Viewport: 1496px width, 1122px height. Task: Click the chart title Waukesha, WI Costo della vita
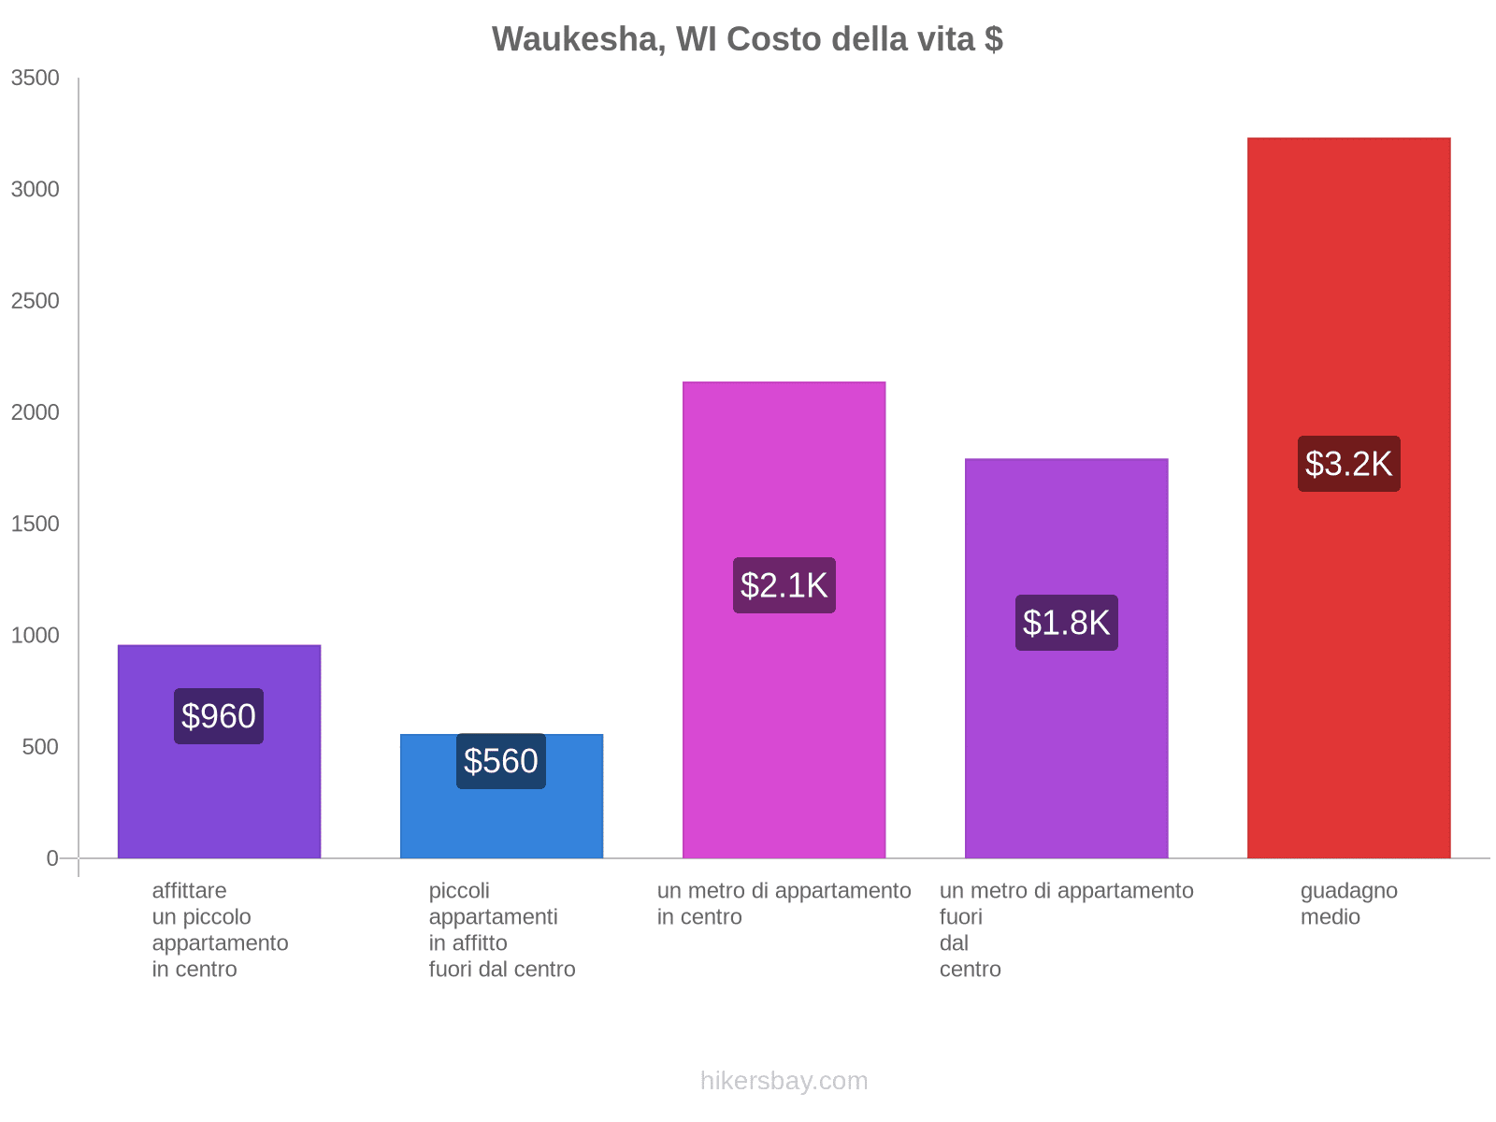pyautogui.click(x=747, y=39)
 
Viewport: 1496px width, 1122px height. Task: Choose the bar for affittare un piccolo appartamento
pyautogui.click(x=219, y=795)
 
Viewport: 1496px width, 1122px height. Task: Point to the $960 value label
pyautogui.click(x=219, y=716)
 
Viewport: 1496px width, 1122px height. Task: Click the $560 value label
pyautogui.click(x=501, y=761)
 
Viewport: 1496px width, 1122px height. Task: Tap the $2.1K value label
pyautogui.click(x=784, y=585)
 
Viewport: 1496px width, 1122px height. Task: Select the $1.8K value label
pyautogui.click(x=1066, y=623)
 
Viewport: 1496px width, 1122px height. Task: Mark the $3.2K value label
pyautogui.click(x=1348, y=464)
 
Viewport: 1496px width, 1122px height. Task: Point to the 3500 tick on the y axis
pyautogui.click(x=36, y=79)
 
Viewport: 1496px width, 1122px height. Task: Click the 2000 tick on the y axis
pyautogui.click(x=36, y=412)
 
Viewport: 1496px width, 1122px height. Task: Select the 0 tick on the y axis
pyautogui.click(x=52, y=858)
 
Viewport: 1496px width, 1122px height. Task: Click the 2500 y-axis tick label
pyautogui.click(x=36, y=301)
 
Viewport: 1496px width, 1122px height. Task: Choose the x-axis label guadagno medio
pyautogui.click(x=1348, y=904)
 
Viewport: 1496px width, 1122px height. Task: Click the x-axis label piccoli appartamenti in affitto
pyautogui.click(x=501, y=930)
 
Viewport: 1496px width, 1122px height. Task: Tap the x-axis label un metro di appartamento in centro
pyautogui.click(x=784, y=904)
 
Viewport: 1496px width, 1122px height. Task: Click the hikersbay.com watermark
pyautogui.click(x=784, y=1081)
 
